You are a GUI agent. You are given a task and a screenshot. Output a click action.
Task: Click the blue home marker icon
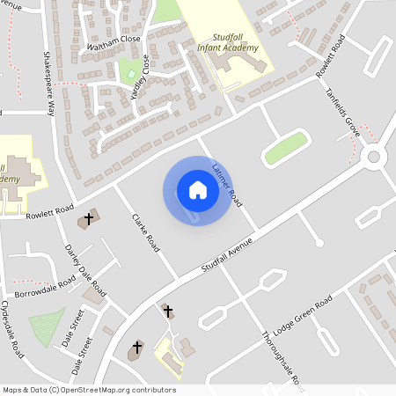[198, 190]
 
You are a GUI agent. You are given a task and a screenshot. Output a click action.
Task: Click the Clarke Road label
[145, 231]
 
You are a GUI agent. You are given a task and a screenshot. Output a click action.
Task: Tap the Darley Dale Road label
[85, 270]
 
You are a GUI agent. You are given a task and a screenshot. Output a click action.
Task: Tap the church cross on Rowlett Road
[87, 217]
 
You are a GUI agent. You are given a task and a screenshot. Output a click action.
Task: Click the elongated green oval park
[287, 147]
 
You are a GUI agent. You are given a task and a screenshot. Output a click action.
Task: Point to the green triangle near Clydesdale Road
[46, 327]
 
